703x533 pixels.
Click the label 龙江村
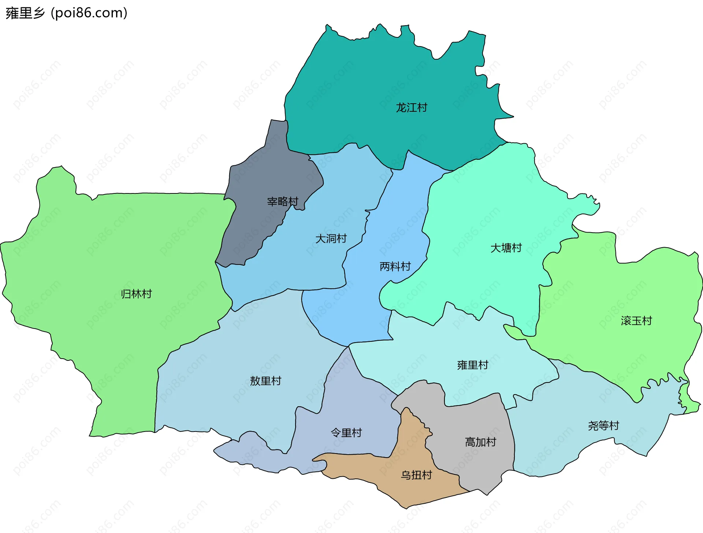click(412, 108)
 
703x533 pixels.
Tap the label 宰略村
click(283, 201)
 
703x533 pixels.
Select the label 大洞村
click(331, 238)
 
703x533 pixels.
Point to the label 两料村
click(395, 266)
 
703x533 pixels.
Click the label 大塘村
click(506, 248)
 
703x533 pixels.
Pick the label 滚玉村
click(636, 321)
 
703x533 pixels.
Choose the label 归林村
click(136, 294)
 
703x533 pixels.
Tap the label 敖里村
click(265, 381)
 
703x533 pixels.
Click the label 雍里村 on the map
click(473, 365)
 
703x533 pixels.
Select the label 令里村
click(346, 433)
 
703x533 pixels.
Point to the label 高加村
click(480, 442)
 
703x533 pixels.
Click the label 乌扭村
click(416, 475)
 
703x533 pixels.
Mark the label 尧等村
click(603, 426)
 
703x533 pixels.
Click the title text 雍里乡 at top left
click(25, 13)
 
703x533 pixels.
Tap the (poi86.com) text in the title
click(89, 13)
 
